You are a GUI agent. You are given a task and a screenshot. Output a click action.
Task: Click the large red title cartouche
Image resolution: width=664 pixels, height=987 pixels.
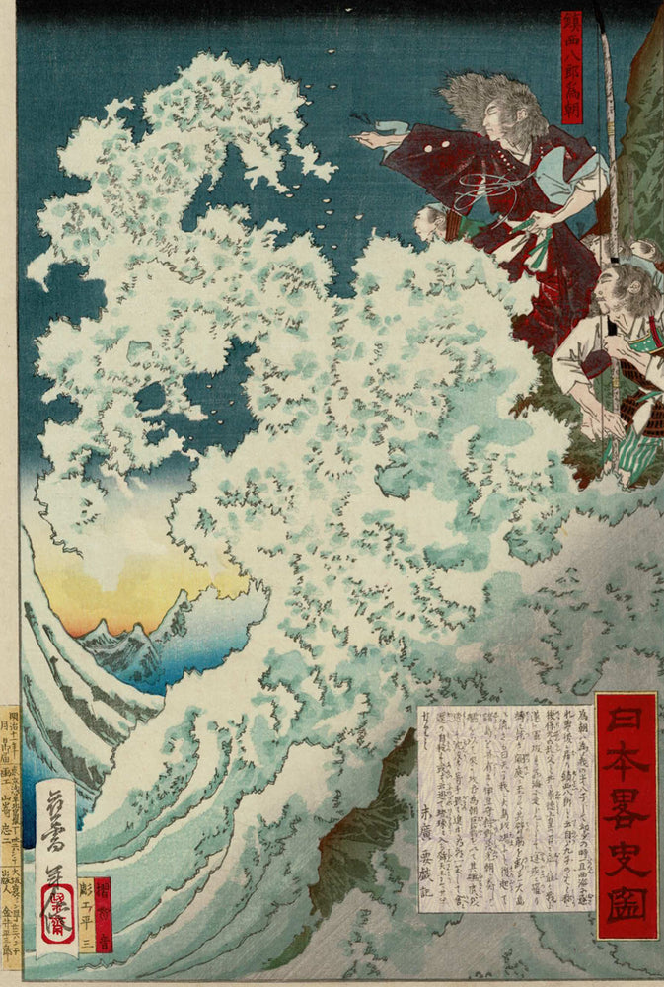pyautogui.click(x=626, y=814)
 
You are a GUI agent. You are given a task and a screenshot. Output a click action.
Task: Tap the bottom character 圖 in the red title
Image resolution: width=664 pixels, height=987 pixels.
pyautogui.click(x=626, y=904)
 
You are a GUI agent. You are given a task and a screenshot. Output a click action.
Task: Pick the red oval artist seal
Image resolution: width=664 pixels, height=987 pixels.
pyautogui.click(x=56, y=919)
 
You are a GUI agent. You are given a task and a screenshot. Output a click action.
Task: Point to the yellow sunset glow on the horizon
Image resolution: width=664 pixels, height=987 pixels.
pyautogui.click(x=109, y=592)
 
